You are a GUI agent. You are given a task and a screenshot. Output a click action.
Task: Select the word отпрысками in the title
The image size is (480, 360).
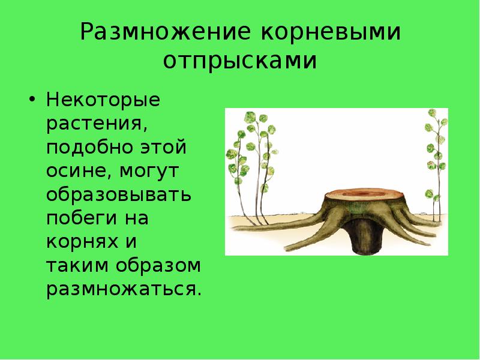240,62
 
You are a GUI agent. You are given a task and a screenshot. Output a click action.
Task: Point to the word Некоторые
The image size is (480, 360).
103,99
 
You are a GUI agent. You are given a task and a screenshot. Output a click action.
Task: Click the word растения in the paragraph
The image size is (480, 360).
96,123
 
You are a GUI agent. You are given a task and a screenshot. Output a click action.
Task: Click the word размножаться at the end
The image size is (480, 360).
123,289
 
